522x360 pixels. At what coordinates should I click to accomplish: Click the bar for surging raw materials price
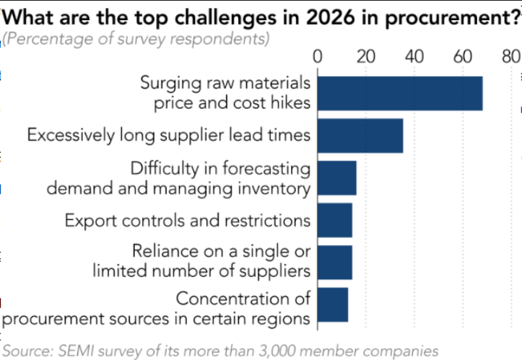pos(399,93)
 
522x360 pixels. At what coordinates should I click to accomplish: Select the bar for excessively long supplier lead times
pos(360,135)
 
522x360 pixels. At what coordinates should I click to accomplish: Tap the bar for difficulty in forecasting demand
pos(336,177)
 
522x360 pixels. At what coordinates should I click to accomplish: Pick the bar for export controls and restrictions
pos(334,220)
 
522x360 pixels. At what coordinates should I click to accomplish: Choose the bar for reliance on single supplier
pos(334,262)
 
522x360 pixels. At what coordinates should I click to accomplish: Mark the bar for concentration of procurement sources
pos(332,304)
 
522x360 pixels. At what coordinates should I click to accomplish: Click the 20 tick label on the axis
pos(365,56)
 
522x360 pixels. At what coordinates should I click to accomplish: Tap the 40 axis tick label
pos(414,56)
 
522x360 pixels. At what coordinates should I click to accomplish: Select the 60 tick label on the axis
pos(462,56)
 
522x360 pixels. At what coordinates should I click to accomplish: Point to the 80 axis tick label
pos(510,56)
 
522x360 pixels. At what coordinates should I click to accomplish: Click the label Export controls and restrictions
pos(188,220)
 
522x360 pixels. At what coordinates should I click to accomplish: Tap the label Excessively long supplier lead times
pos(169,135)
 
